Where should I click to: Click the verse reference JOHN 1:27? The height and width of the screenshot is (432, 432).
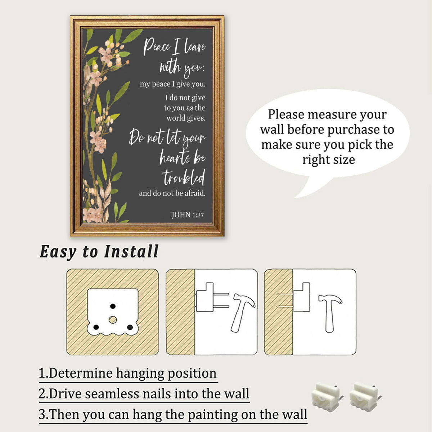[188, 215]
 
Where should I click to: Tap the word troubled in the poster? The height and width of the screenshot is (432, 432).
[184, 177]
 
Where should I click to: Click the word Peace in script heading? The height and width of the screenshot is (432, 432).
[157, 47]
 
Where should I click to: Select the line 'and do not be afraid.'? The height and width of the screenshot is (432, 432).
[172, 193]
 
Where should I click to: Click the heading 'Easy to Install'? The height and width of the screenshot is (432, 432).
[99, 252]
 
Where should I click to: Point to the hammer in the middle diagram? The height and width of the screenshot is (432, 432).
[242, 313]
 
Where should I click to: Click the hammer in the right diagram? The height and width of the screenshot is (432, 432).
[330, 313]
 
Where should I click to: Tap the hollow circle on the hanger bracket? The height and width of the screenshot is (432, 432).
[113, 320]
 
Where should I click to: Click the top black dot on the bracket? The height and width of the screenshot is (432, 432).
[113, 306]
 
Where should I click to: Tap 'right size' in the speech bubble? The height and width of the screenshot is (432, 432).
[329, 160]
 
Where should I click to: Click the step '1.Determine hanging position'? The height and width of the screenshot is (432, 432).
[127, 373]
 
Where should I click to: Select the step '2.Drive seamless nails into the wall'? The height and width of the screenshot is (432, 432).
[144, 394]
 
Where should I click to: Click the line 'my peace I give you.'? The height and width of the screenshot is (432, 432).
[173, 84]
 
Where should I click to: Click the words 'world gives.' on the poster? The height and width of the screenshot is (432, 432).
[186, 118]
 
